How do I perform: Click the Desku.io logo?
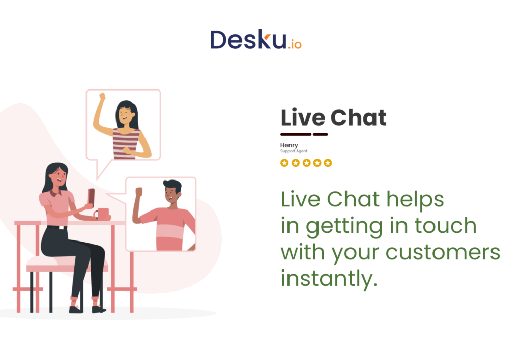256,40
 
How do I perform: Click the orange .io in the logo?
295,44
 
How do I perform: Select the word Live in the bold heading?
303,117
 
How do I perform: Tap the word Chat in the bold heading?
358,117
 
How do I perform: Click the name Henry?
289,145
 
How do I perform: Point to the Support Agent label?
294,151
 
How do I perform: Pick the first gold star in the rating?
284,163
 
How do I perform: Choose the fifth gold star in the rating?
328,163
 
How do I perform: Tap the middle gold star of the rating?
306,163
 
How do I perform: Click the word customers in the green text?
443,252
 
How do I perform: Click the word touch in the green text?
445,226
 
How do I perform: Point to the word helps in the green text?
415,200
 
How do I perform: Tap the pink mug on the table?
103,214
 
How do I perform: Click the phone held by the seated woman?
91,197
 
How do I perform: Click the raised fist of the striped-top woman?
102,96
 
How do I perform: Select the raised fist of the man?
138,192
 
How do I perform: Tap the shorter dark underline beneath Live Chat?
321,135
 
